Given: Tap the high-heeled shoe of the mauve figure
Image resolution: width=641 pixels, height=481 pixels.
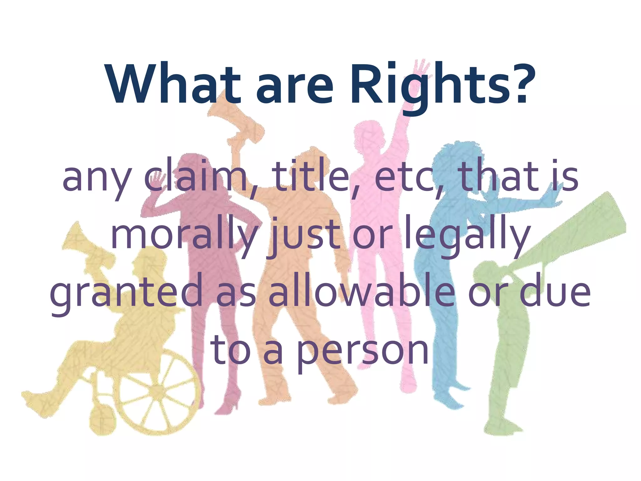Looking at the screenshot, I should pos(230,404).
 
